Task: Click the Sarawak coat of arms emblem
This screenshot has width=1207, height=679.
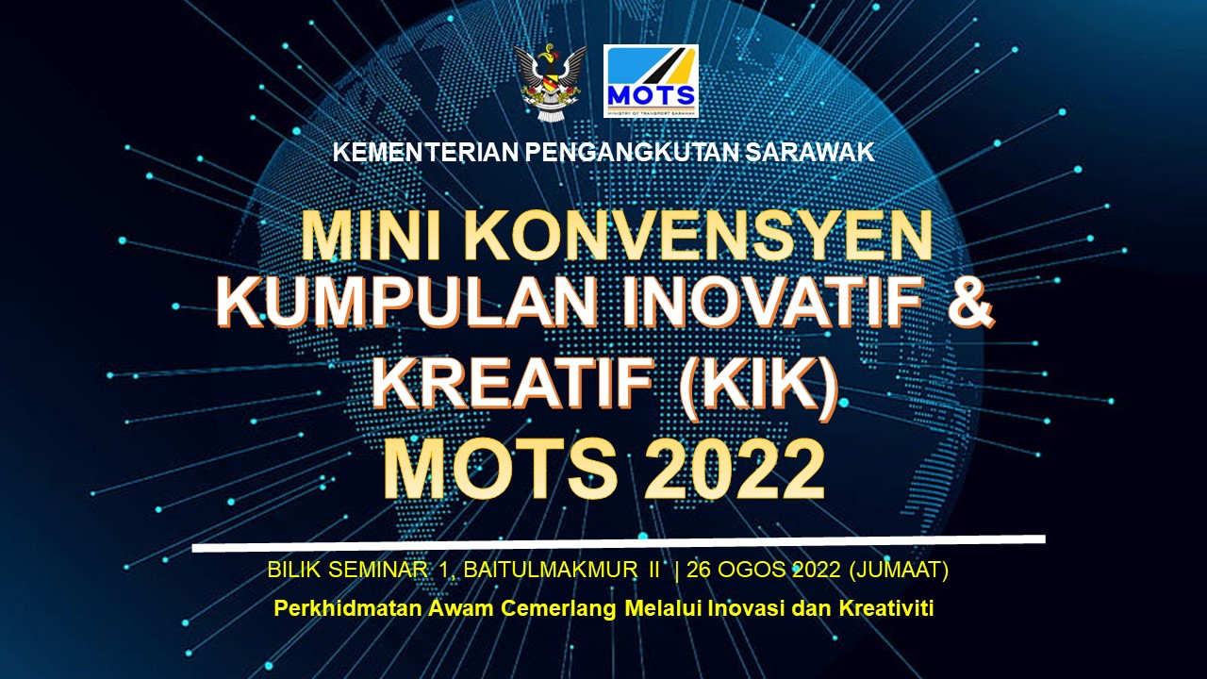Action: click(550, 82)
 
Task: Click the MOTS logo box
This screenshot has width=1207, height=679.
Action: click(651, 81)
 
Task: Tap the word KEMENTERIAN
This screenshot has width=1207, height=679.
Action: click(425, 153)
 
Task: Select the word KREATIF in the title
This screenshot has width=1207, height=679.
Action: click(512, 383)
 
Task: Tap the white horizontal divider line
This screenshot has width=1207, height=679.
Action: click(619, 543)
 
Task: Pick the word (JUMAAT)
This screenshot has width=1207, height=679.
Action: click(899, 571)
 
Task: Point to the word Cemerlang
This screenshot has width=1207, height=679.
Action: click(559, 609)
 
